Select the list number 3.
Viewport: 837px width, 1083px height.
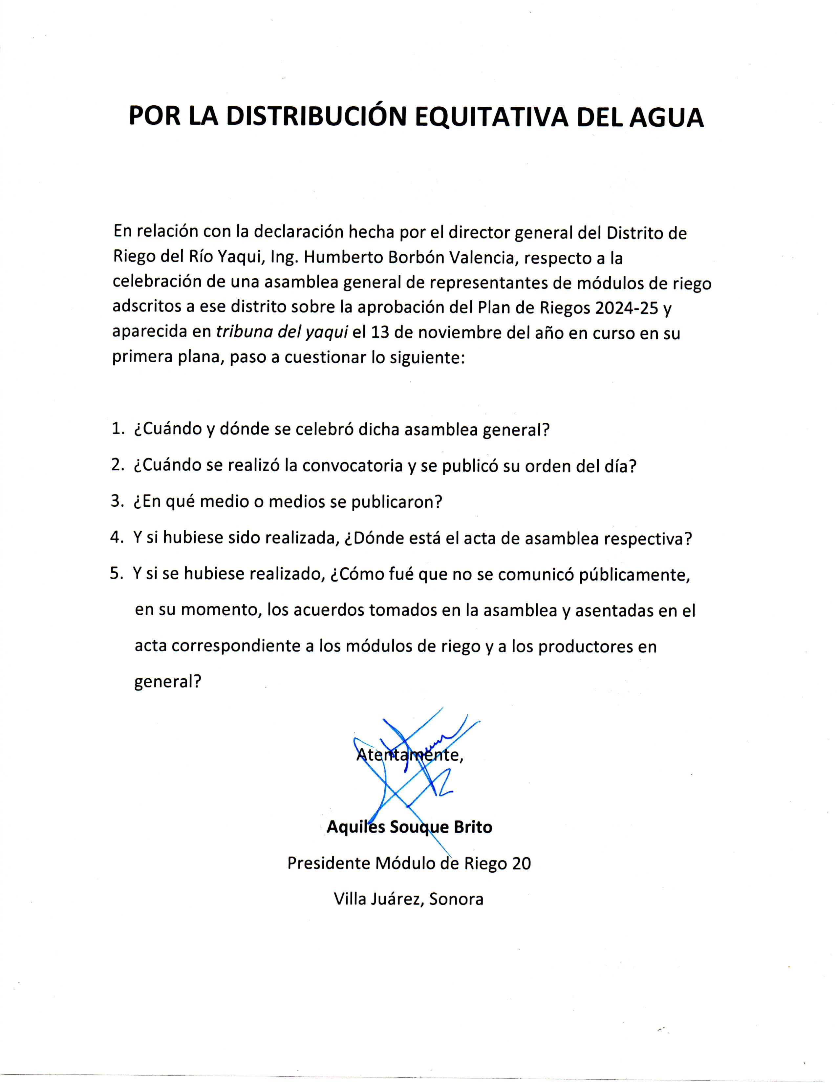pos(117,501)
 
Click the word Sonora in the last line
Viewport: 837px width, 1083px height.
pos(456,899)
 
